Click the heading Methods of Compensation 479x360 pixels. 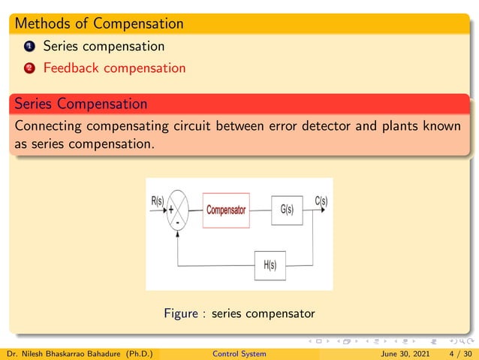click(98, 23)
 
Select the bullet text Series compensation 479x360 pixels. click(104, 46)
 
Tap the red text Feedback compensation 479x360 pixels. click(114, 68)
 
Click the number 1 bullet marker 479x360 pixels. click(29, 47)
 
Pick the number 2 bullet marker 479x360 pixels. click(29, 68)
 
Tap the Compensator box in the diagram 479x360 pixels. click(226, 210)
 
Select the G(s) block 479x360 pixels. click(286, 210)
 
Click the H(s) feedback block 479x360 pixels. click(270, 265)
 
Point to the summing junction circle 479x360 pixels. click(178, 210)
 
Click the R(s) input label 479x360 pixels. click(155, 201)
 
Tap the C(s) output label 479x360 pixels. click(321, 201)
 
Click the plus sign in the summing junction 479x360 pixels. click(171, 210)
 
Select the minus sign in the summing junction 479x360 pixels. click(177, 222)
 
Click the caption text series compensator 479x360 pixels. click(263, 313)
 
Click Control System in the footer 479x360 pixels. click(239, 353)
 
